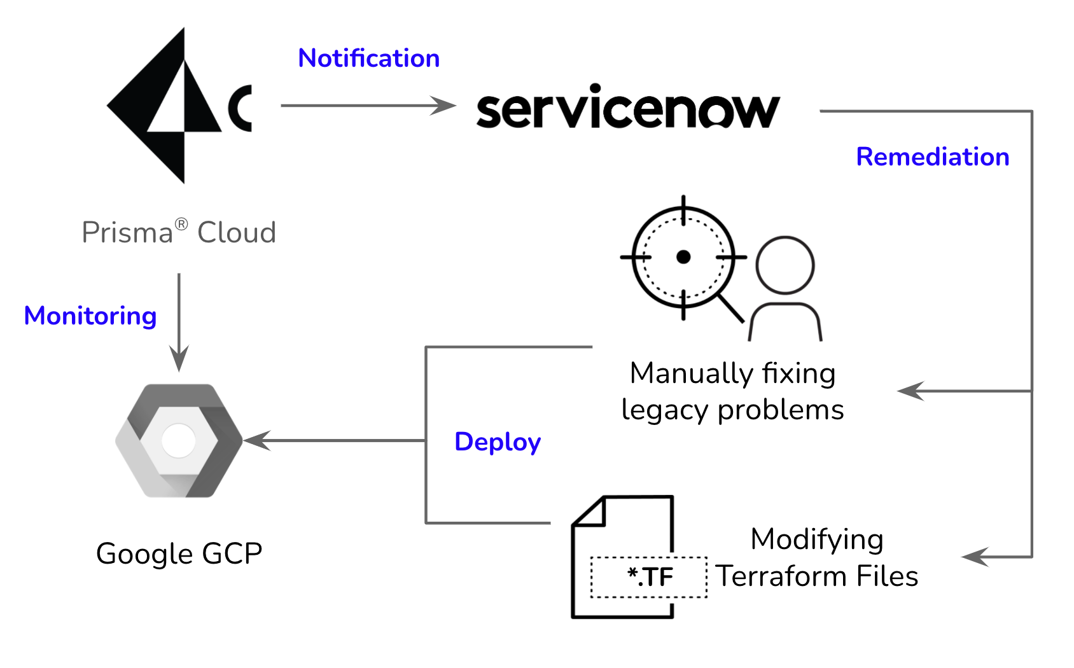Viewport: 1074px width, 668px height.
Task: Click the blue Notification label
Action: pyautogui.click(x=368, y=58)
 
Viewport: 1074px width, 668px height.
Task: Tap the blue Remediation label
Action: pyautogui.click(x=933, y=157)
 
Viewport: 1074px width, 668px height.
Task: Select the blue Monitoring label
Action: pyautogui.click(x=90, y=316)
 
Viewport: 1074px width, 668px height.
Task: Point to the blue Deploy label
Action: pyautogui.click(x=497, y=442)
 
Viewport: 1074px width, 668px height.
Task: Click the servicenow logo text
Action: pyautogui.click(x=628, y=106)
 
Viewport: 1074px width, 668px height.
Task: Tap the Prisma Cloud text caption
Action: pyautogui.click(x=179, y=232)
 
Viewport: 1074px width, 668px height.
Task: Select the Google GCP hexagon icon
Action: pyautogui.click(x=179, y=441)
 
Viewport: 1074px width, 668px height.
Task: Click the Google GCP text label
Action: pyautogui.click(x=179, y=554)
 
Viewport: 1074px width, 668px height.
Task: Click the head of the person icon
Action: pyautogui.click(x=785, y=265)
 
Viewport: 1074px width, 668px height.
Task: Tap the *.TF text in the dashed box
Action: pyautogui.click(x=650, y=577)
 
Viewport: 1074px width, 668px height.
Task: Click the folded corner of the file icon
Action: pyautogui.click(x=590, y=511)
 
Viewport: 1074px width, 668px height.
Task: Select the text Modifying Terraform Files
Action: pyautogui.click(x=816, y=558)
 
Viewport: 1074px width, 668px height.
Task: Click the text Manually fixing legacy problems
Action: pyautogui.click(x=732, y=391)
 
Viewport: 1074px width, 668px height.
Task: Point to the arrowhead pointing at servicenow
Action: pyautogui.click(x=443, y=106)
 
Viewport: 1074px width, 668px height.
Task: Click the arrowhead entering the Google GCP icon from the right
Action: pyautogui.click(x=257, y=440)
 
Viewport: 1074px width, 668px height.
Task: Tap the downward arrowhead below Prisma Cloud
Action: pyautogui.click(x=179, y=358)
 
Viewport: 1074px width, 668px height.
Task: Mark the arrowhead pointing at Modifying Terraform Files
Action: pyautogui.click(x=975, y=557)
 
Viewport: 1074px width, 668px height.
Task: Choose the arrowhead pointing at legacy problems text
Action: pyautogui.click(x=910, y=391)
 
